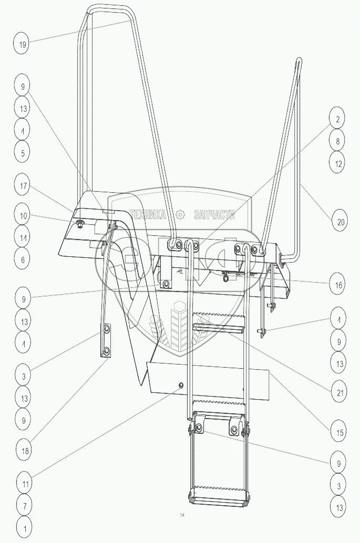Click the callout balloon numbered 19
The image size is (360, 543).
point(23,44)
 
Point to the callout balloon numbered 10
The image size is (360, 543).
point(23,216)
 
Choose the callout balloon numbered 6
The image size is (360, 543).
point(23,259)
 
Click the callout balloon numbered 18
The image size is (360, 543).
point(23,450)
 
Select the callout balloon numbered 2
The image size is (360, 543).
point(338,119)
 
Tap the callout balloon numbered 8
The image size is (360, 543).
point(338,141)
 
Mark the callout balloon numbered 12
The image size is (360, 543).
point(338,163)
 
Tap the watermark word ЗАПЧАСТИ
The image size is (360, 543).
point(214,214)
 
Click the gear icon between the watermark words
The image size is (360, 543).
point(180,214)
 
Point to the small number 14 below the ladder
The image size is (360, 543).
point(182,515)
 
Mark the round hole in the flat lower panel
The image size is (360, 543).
point(181,385)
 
